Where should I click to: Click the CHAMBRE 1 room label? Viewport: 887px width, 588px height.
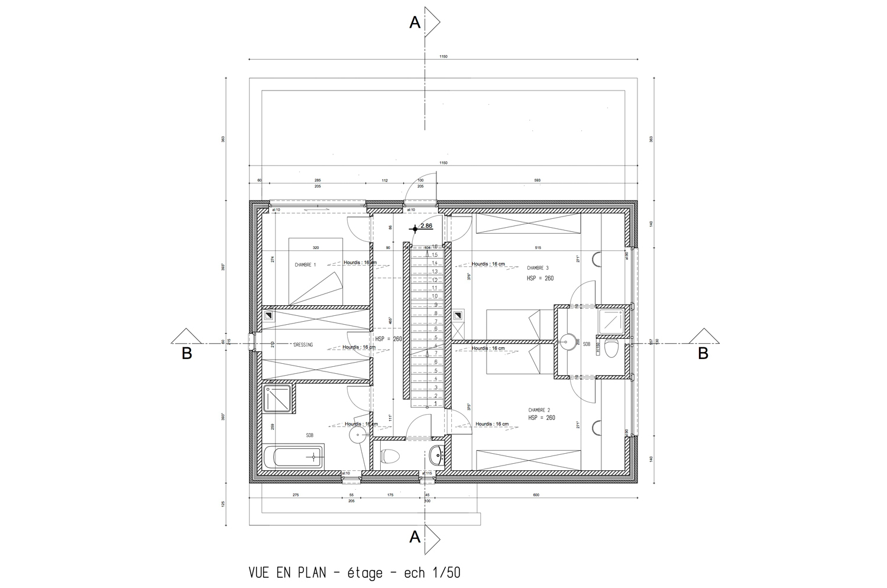click(x=305, y=265)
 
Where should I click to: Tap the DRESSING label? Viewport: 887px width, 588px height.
click(x=303, y=345)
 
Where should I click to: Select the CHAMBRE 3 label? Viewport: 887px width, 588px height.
click(x=539, y=268)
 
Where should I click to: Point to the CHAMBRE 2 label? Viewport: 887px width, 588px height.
click(x=539, y=410)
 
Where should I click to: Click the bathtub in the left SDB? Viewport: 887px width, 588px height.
click(x=294, y=458)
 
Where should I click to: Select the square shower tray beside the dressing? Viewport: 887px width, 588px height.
click(x=279, y=399)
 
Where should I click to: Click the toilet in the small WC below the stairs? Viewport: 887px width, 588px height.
click(x=390, y=456)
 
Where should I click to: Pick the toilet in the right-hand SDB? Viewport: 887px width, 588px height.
click(x=612, y=348)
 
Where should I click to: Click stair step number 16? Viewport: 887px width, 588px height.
click(x=435, y=246)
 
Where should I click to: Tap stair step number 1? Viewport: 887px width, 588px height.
click(x=436, y=403)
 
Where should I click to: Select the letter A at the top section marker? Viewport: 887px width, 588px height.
click(x=415, y=22)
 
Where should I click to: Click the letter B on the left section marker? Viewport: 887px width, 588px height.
click(x=186, y=354)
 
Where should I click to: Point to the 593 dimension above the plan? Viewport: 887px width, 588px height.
click(x=537, y=180)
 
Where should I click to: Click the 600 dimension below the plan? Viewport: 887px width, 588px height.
click(x=536, y=495)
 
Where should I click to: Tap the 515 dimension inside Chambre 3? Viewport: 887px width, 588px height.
click(x=537, y=247)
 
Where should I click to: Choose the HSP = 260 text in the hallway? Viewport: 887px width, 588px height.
click(x=389, y=339)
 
